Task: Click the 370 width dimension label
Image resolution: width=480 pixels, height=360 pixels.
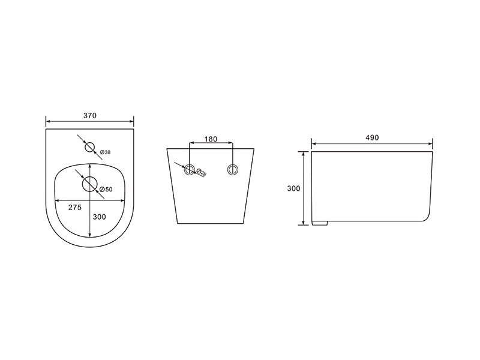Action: tap(90, 116)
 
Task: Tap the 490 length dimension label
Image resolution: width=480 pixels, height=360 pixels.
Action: tap(372, 138)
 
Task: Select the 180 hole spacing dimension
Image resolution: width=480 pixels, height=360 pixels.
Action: tap(211, 139)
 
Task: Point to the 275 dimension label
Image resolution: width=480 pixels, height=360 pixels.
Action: tap(75, 208)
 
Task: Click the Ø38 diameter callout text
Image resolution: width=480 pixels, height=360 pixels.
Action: tap(106, 152)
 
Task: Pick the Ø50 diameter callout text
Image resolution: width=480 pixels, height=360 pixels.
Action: tap(106, 190)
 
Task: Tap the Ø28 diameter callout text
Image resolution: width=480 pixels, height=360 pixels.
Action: tap(201, 172)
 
